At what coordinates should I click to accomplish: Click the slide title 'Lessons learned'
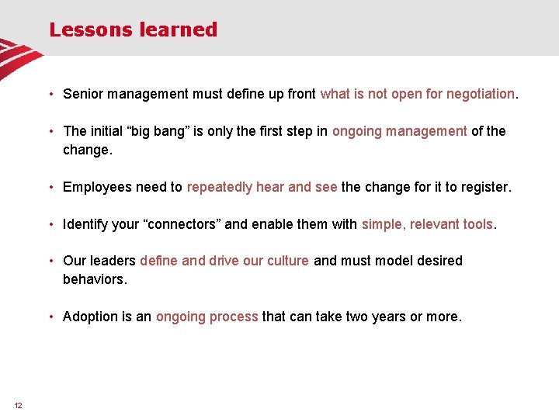click(133, 30)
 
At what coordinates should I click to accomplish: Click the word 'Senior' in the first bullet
click(83, 94)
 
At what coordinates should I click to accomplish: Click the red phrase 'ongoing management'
click(399, 131)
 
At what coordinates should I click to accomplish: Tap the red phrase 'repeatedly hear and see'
click(262, 187)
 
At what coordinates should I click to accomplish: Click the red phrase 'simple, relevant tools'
click(427, 224)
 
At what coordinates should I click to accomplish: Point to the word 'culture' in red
click(288, 261)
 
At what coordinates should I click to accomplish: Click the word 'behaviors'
click(93, 279)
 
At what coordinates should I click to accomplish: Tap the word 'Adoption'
click(90, 317)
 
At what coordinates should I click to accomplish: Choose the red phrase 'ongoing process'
click(207, 317)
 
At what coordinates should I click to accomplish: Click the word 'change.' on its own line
click(88, 150)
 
